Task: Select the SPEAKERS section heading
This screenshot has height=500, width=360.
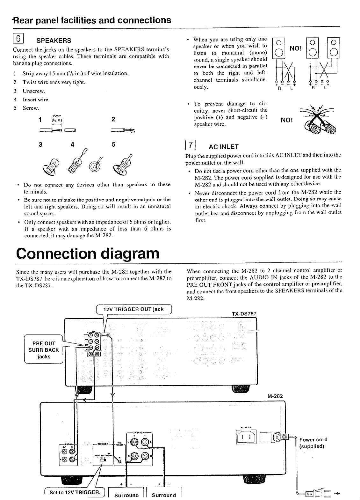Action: click(54, 41)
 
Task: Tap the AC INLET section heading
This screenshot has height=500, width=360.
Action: click(223, 147)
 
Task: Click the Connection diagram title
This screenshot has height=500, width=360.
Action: click(87, 254)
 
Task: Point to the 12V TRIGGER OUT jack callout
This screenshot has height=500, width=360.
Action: click(134, 309)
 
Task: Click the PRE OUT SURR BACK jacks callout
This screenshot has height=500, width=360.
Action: click(44, 350)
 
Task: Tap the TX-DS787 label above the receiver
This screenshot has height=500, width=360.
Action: click(244, 313)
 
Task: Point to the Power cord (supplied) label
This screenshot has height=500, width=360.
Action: click(313, 443)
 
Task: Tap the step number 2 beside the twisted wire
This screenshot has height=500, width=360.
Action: click(113, 119)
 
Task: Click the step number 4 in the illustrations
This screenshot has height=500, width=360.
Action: click(73, 144)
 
